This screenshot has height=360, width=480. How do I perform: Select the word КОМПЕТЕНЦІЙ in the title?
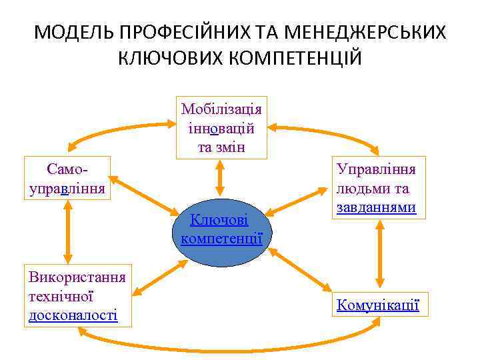(x=287, y=58)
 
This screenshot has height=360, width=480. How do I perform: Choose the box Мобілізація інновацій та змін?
(x=221, y=127)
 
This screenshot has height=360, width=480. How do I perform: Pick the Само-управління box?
(x=67, y=177)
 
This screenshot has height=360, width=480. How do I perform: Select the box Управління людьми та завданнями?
(x=377, y=188)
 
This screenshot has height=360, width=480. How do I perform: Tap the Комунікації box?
(x=378, y=305)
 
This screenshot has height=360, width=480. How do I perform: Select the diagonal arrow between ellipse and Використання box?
(x=160, y=277)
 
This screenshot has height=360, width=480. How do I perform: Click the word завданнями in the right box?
(x=377, y=208)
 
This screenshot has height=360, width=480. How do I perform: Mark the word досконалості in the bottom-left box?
(x=73, y=315)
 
